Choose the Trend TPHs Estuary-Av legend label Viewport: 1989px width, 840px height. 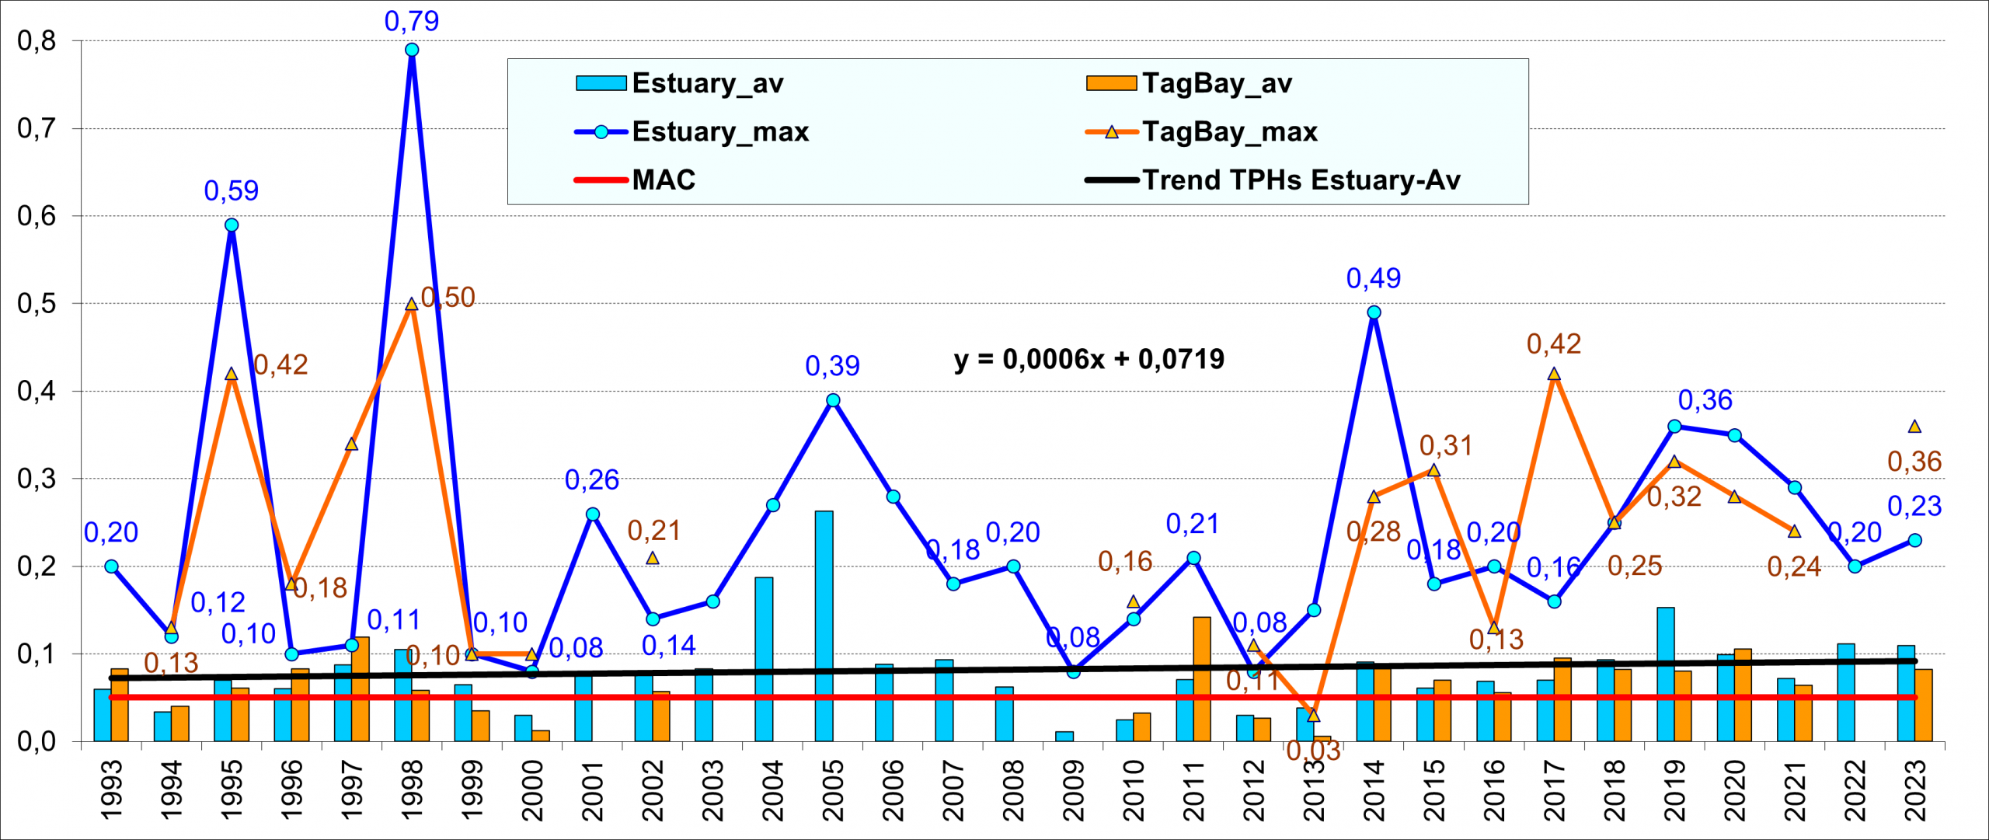1301,180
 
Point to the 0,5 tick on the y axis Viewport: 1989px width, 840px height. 37,304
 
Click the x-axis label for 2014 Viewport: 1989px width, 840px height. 1374,790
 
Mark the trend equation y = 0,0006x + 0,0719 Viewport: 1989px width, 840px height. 1089,359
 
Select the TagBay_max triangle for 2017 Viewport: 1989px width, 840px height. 1554,375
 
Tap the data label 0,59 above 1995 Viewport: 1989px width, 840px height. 231,190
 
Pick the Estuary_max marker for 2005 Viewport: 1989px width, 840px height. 833,400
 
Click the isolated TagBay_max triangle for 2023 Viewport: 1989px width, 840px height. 1914,427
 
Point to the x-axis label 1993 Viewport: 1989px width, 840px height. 111,790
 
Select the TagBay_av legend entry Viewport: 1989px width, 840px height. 1216,83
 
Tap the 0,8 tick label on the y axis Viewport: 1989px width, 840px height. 37,40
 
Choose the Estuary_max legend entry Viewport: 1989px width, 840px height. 719,132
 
